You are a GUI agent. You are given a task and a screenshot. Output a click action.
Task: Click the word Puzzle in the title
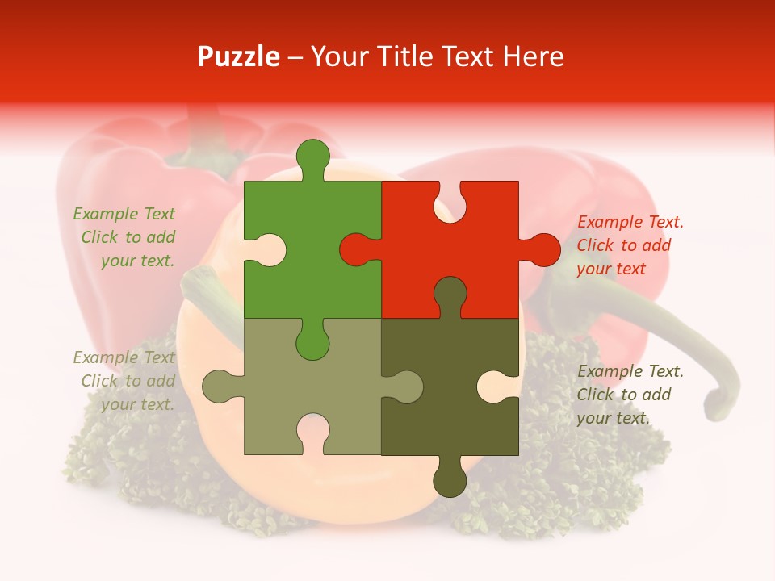[x=239, y=57]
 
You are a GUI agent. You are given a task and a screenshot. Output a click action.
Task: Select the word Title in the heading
[x=402, y=56]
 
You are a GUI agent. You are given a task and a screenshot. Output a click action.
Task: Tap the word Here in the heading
[x=533, y=56]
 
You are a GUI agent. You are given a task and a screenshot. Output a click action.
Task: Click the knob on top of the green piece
[x=313, y=157]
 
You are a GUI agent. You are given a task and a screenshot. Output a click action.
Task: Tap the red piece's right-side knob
[x=542, y=249]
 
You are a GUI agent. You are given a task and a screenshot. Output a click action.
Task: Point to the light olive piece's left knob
[x=218, y=386]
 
